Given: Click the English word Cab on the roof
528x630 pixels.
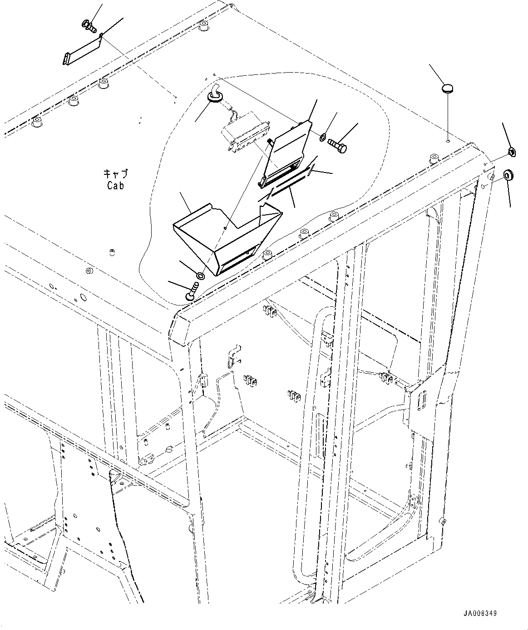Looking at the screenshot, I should click(x=115, y=185).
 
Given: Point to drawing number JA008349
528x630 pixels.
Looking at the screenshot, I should click(x=480, y=613).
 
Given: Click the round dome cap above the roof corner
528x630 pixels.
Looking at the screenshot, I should click(x=448, y=88).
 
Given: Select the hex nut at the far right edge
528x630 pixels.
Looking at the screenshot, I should click(x=510, y=152).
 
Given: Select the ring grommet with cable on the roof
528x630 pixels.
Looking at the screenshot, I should click(x=214, y=96).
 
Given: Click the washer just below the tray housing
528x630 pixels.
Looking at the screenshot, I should click(x=200, y=276).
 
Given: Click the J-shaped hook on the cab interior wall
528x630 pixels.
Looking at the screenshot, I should click(x=233, y=356).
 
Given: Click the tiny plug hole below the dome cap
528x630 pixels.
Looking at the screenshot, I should click(x=447, y=141).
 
